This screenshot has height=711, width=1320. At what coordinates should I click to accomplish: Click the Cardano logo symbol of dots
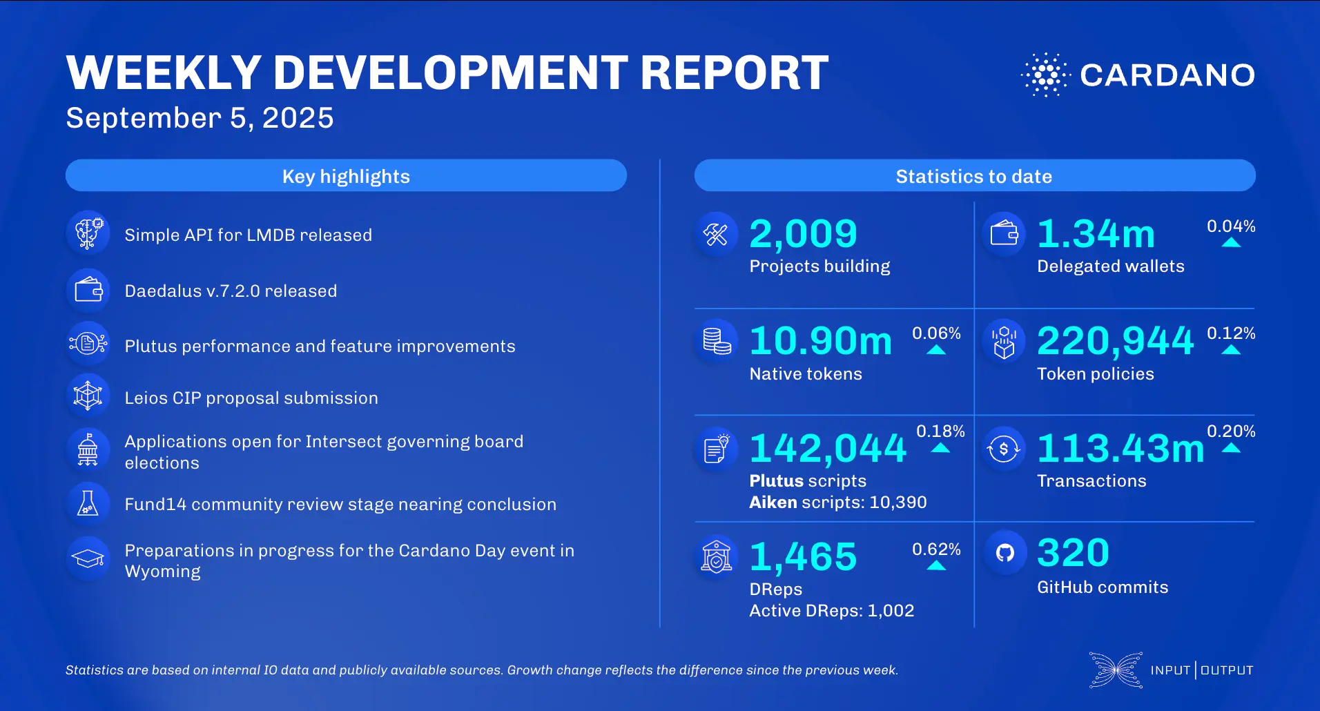[x=1045, y=75]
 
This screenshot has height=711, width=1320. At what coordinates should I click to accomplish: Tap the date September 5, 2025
[x=200, y=118]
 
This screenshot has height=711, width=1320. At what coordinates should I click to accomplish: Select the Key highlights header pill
[x=346, y=176]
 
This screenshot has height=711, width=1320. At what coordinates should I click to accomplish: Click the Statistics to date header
[x=974, y=176]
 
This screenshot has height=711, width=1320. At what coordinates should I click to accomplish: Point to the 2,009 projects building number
[x=803, y=234]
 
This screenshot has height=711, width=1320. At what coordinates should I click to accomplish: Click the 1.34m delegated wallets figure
[x=1096, y=234]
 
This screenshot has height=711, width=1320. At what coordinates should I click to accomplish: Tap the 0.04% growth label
[x=1230, y=226]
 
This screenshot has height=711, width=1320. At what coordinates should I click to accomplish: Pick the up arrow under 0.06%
[x=936, y=350]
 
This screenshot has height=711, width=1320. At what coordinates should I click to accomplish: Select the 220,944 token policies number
[x=1115, y=341]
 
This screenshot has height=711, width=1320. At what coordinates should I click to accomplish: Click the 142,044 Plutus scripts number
[x=828, y=448]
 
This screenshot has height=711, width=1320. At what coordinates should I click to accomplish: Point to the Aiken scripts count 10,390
[x=897, y=503]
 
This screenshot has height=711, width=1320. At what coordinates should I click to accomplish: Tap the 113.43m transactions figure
[x=1120, y=448]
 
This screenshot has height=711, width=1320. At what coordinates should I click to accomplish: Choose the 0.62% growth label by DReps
[x=936, y=549]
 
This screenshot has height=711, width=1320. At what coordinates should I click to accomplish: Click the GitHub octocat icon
[x=1005, y=552]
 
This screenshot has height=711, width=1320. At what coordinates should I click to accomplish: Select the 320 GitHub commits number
[x=1073, y=553]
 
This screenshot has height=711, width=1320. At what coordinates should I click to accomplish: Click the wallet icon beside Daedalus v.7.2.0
[x=88, y=290]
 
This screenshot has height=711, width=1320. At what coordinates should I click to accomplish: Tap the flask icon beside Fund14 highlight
[x=88, y=504]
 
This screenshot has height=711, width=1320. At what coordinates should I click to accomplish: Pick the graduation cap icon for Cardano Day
[x=88, y=558]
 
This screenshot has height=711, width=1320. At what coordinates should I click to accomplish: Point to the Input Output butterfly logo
[x=1116, y=670]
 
